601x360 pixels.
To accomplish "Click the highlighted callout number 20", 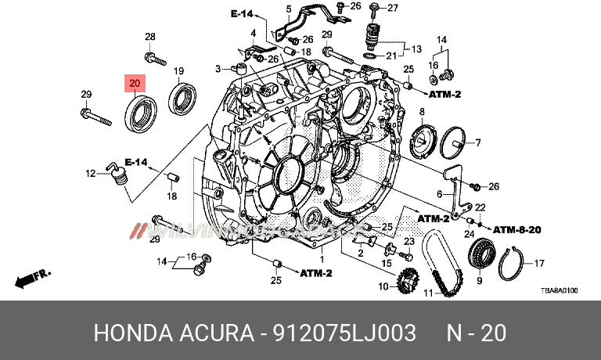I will click(x=135, y=82).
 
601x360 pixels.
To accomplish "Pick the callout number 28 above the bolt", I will click(x=149, y=37).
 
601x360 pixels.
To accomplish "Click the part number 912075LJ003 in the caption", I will click(x=344, y=333).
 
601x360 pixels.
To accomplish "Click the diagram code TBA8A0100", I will click(x=559, y=290).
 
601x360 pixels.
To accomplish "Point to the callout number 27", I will click(x=392, y=9).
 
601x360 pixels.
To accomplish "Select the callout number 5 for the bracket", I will click(x=288, y=9).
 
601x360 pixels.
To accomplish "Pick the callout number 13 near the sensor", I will click(x=416, y=48).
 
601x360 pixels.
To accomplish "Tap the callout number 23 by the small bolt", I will click(x=408, y=241).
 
